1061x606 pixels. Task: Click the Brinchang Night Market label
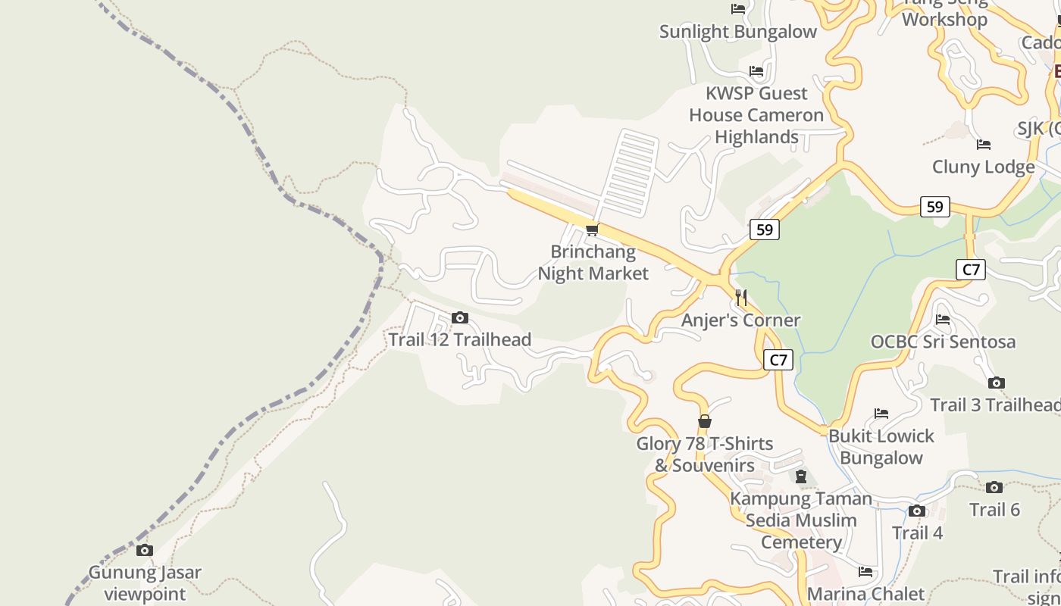[593, 262]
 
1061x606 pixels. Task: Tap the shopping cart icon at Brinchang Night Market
[593, 230]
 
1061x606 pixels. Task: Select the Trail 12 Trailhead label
[459, 339]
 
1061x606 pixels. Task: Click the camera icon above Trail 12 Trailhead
[460, 318]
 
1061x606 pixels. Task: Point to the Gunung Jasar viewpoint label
[145, 583]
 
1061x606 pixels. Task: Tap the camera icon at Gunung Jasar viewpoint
[145, 551]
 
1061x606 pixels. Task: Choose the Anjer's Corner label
[740, 320]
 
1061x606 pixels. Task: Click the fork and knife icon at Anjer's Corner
[741, 298]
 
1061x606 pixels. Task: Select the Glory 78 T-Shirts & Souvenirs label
[705, 454]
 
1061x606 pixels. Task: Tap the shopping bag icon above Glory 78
[705, 421]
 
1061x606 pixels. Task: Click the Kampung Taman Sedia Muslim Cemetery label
[801, 520]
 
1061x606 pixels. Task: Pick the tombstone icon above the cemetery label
[801, 476]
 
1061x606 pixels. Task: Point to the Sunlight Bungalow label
[738, 31]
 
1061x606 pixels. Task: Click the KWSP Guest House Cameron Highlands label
[756, 115]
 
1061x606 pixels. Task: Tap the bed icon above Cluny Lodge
[984, 145]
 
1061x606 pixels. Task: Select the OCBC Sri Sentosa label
[943, 342]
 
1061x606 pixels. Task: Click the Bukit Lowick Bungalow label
[881, 447]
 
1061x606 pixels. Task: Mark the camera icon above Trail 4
[917, 511]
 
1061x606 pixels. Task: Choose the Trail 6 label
[994, 510]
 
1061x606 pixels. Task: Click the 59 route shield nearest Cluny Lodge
[935, 207]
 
